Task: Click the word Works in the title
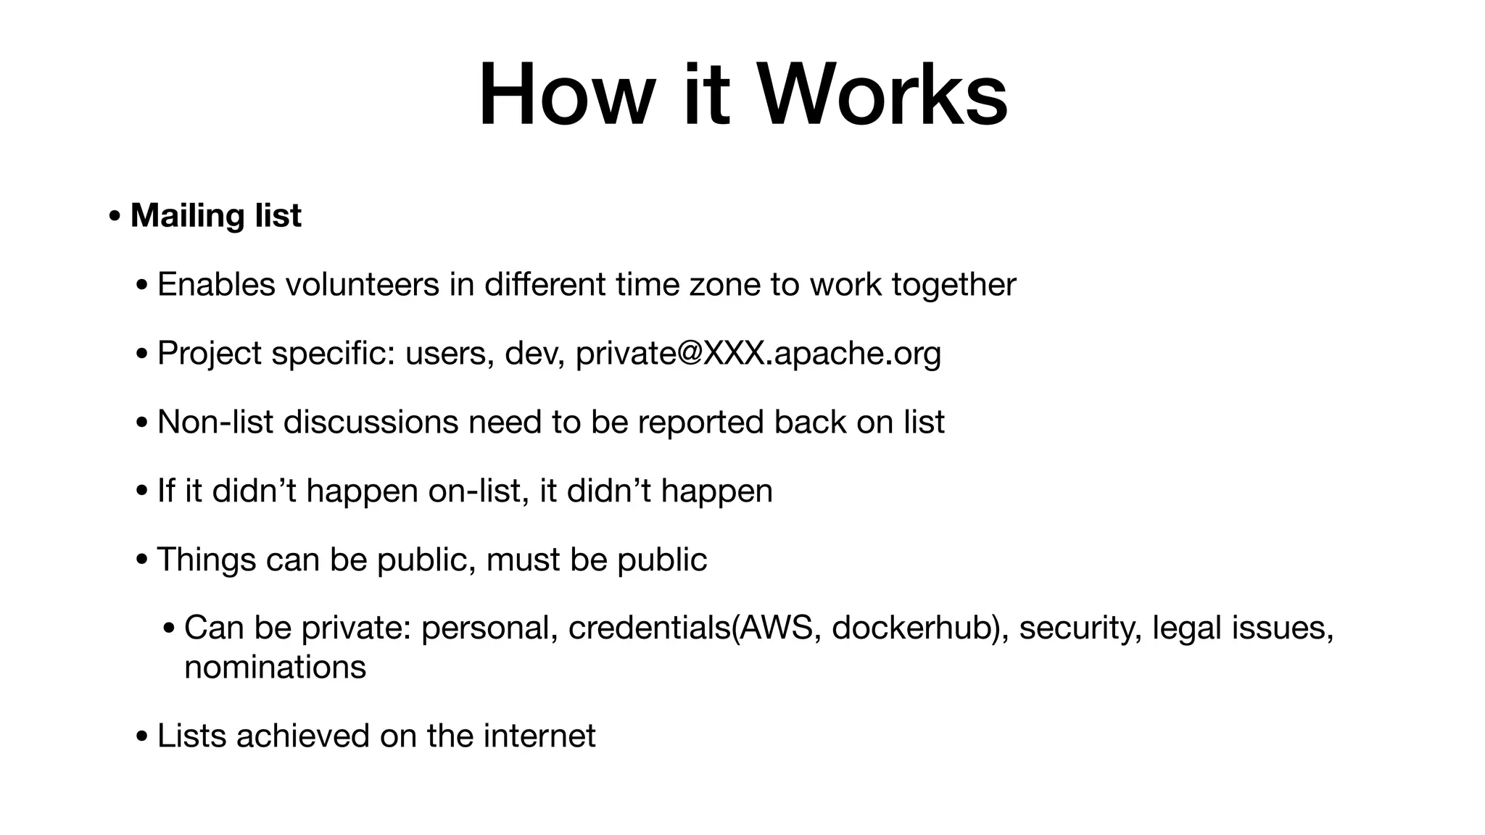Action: pyautogui.click(x=882, y=96)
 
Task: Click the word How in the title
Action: pyautogui.click(x=567, y=96)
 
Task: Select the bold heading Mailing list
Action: pyautogui.click(x=215, y=215)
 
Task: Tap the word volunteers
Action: pyautogui.click(x=362, y=284)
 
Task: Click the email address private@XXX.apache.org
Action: pyautogui.click(x=758, y=353)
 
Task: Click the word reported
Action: pyautogui.click(x=700, y=422)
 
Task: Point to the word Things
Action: pyautogui.click(x=207, y=560)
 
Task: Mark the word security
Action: pyautogui.click(x=1080, y=628)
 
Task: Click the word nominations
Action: pyautogui.click(x=275, y=667)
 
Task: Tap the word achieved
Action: pyautogui.click(x=303, y=736)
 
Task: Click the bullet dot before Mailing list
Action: pyautogui.click(x=115, y=216)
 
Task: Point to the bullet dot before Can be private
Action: pyautogui.click(x=168, y=628)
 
